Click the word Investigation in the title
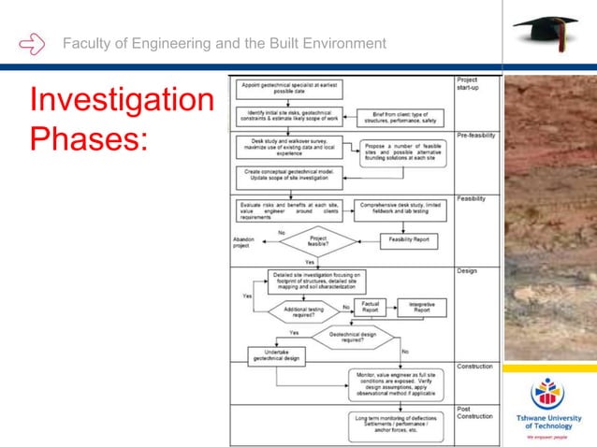point(122,101)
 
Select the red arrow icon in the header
point(31,43)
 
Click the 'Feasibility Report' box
point(409,240)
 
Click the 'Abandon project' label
point(243,242)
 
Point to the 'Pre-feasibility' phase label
point(476,136)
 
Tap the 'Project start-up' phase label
point(470,84)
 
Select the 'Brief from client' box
point(401,118)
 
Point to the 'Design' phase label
point(467,271)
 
